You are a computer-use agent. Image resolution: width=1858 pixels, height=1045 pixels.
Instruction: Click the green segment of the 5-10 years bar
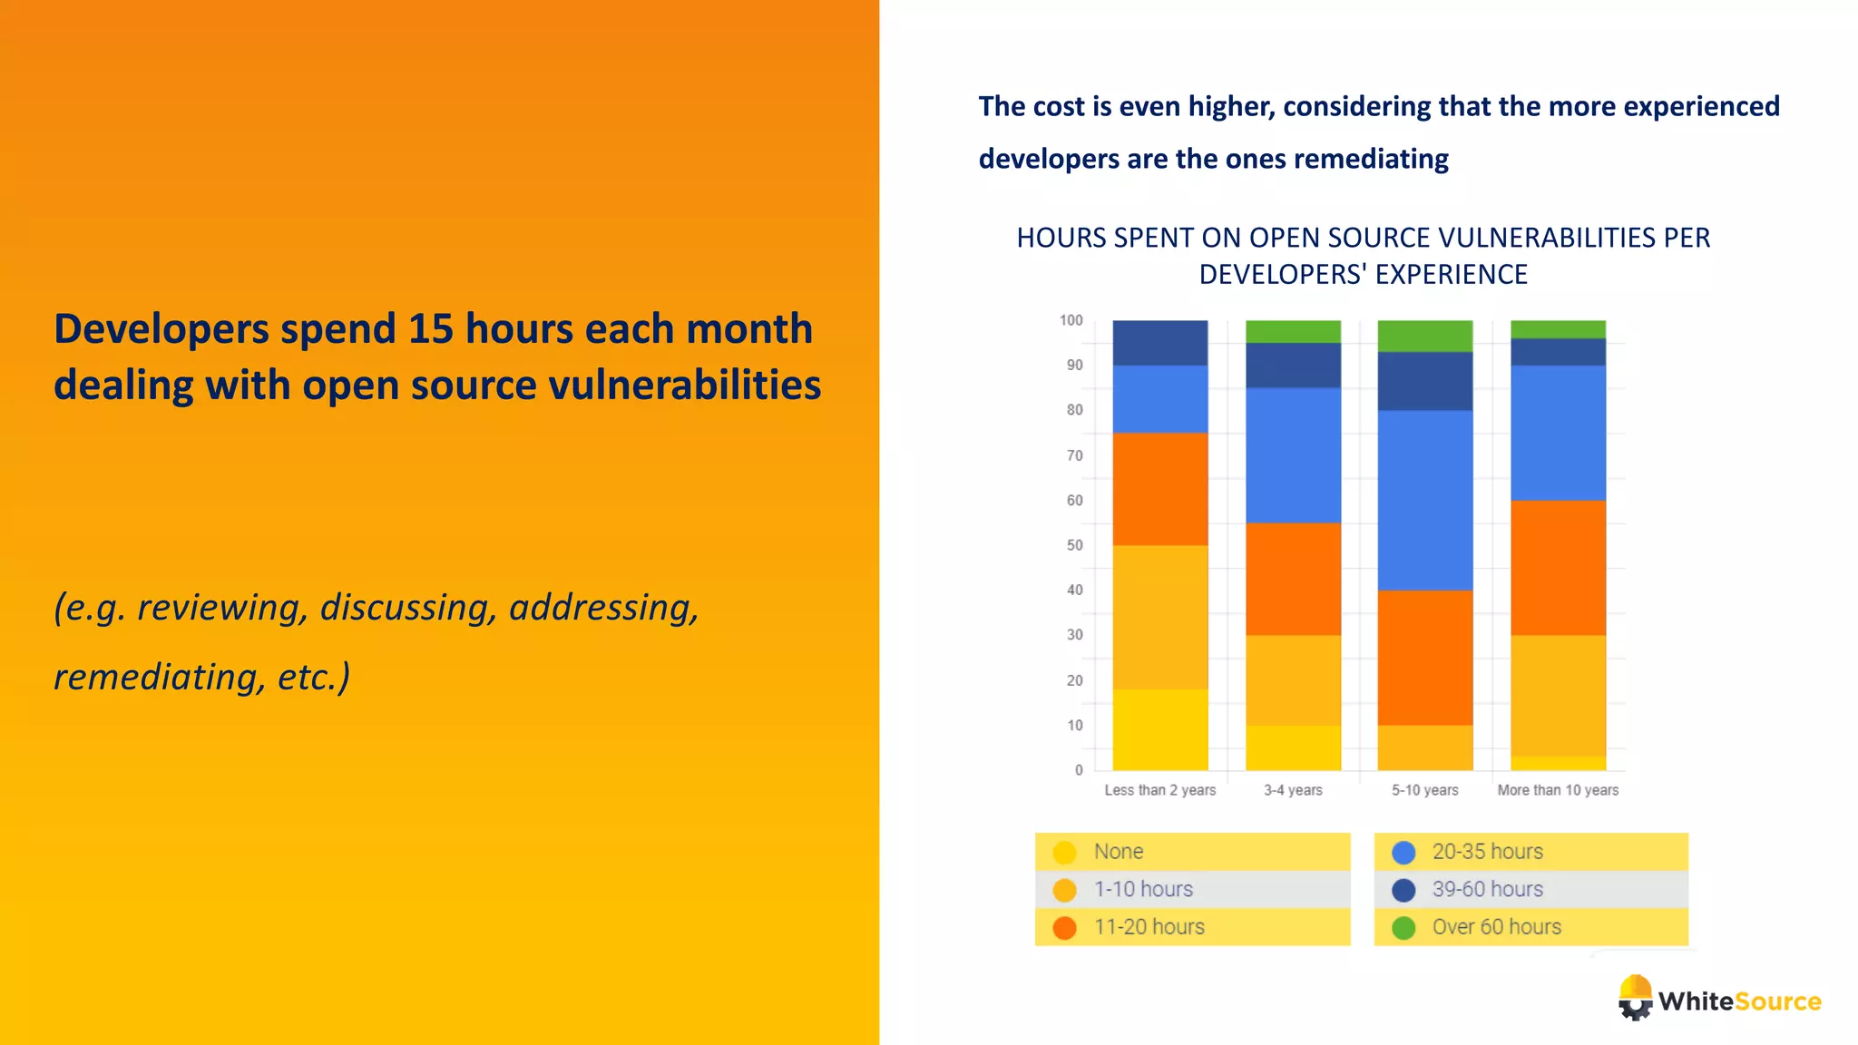[1424, 336]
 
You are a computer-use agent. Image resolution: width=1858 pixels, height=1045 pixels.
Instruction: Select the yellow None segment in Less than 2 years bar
[1159, 729]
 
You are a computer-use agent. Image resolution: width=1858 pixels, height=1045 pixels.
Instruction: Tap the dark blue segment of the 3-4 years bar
[1293, 365]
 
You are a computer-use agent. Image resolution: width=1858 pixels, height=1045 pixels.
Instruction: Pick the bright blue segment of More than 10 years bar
[1558, 433]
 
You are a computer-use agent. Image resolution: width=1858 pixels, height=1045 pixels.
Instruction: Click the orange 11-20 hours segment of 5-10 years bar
[1424, 657]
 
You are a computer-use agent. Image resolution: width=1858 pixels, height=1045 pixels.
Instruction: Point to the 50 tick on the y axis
[1075, 545]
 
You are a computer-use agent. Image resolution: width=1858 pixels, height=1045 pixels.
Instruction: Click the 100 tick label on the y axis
[1071, 320]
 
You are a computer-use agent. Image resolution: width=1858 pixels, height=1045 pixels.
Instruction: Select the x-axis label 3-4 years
[1293, 790]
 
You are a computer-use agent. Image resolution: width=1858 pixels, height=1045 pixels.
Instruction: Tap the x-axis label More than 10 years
[1558, 790]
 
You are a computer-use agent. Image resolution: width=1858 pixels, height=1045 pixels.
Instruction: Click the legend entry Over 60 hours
[1496, 927]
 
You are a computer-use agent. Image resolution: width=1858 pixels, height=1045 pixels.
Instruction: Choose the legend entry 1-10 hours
[1143, 889]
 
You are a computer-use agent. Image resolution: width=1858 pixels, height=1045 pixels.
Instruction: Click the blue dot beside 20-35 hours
[1403, 852]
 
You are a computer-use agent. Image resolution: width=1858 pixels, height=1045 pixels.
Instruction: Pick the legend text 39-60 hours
[1487, 889]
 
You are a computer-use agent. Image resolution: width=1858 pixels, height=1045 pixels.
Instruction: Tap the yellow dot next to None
[1064, 852]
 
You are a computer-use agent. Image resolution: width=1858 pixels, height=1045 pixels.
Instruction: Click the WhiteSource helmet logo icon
[1635, 997]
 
